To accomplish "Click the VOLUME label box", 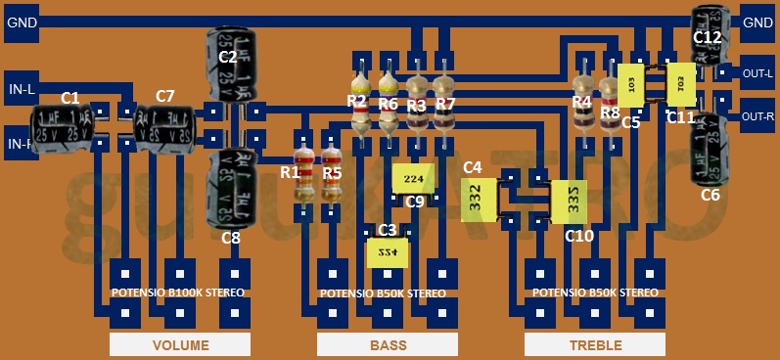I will pos(180,345).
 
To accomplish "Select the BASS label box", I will pos(388,345).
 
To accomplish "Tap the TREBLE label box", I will pos(595,345).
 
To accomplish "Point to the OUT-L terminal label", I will pos(758,72).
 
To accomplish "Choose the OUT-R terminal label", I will pos(758,116).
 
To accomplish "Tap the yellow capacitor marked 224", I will pos(415,179).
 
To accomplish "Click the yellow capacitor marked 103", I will pos(631,86).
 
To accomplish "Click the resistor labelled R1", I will pos(303,176).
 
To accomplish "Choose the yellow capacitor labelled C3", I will pos(388,253).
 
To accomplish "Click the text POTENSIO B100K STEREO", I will pos(177,292).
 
